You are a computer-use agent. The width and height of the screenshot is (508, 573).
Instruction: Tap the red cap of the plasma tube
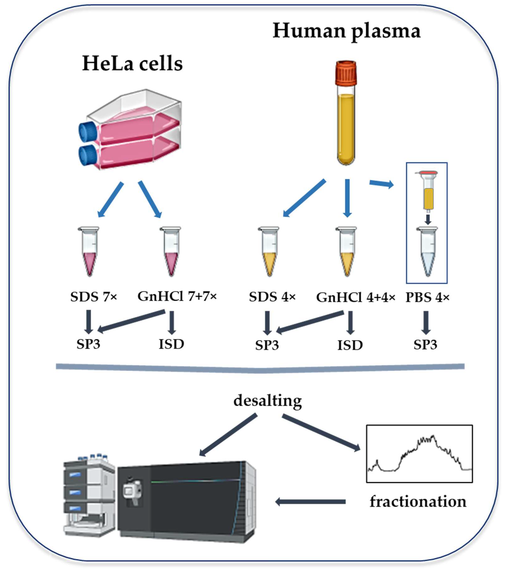[346, 73]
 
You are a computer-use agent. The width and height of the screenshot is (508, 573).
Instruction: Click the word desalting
[268, 401]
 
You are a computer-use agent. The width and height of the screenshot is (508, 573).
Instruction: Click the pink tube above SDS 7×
[89, 252]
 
